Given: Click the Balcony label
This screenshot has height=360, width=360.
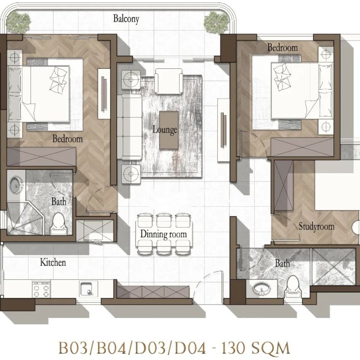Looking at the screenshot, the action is (x=126, y=19).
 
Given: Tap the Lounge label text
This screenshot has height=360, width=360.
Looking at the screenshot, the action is (x=165, y=130).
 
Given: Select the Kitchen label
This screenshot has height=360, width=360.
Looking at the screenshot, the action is (x=53, y=262).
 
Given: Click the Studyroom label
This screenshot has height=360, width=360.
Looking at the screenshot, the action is (x=316, y=226).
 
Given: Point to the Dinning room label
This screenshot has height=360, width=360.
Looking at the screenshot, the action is (x=163, y=234).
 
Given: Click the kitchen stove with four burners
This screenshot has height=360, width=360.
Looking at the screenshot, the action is (x=42, y=289).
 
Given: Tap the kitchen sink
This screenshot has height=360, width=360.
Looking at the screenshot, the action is (x=89, y=289).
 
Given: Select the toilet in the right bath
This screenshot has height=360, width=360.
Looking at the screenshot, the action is (x=293, y=287).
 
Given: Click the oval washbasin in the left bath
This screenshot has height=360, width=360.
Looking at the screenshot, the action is (x=16, y=185).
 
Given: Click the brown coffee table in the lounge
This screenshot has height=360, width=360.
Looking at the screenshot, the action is (x=169, y=130).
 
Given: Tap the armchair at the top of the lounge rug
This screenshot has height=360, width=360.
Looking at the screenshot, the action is (x=169, y=81).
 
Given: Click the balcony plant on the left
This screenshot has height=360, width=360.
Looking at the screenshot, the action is (x=18, y=22).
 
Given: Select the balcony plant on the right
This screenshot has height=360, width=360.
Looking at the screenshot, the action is (x=216, y=22).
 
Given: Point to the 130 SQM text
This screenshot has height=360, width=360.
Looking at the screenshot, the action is (x=255, y=348).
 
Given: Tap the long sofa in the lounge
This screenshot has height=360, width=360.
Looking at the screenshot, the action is (x=129, y=127).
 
